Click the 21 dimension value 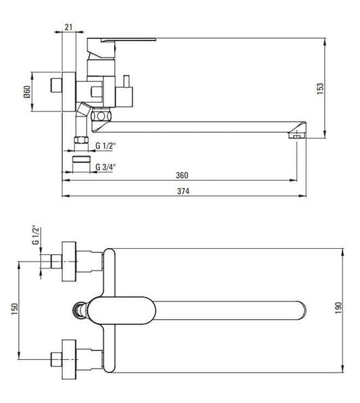coord(69,27)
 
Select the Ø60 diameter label coord(27,92)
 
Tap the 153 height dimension coord(320,89)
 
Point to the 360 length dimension coord(182,175)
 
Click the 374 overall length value coord(183,191)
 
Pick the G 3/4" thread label coord(105,167)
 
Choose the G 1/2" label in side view coord(105,146)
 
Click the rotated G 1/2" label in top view coord(36,235)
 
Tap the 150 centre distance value coord(15,309)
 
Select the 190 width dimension coord(338,308)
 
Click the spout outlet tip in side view coord(297,135)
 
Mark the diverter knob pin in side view coord(126,81)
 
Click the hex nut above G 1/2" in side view coord(81,140)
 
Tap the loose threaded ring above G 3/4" coord(81,159)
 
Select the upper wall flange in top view coord(69,262)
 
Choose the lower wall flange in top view coord(69,359)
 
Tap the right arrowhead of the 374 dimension coord(303,196)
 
